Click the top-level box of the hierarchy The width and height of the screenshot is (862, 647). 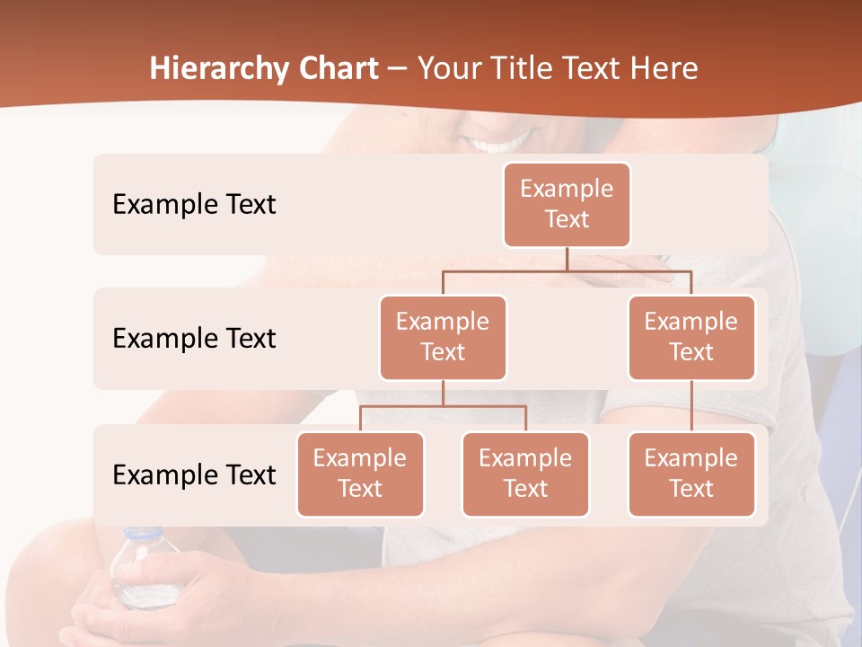(x=567, y=204)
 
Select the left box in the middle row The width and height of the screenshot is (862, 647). (x=443, y=337)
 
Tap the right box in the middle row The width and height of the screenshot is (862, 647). (x=691, y=337)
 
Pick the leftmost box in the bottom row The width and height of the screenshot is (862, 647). (x=360, y=474)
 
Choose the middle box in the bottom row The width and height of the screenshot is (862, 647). (x=525, y=474)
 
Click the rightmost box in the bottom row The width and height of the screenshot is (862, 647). (x=691, y=474)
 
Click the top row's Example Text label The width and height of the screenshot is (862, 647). (x=194, y=204)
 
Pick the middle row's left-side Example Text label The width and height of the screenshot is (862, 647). (x=194, y=338)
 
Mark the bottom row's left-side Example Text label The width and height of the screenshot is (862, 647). (x=194, y=474)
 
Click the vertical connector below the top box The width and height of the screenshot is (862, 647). (x=567, y=259)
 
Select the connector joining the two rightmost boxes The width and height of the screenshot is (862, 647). (x=691, y=406)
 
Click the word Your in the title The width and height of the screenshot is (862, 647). (x=447, y=69)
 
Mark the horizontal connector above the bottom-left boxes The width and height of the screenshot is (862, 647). (x=443, y=406)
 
